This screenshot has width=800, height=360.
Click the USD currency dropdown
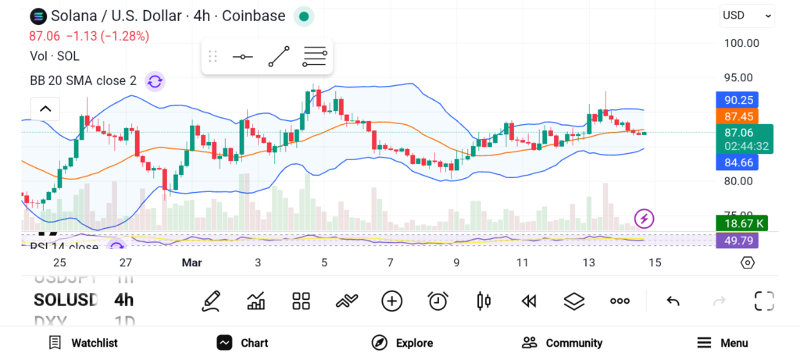746,15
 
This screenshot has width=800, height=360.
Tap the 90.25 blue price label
738,100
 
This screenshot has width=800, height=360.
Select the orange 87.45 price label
738,116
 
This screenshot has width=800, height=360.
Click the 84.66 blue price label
738,162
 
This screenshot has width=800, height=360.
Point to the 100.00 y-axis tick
738,43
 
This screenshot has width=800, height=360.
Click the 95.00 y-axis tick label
738,78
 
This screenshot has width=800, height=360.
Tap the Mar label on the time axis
191,263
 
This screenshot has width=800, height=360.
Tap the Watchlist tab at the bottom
83,343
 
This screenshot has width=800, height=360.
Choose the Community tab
562,343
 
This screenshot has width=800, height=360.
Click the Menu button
723,343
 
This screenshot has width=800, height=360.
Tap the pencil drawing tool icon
210,301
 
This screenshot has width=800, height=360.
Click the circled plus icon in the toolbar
391,301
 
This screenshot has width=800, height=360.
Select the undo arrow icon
673,301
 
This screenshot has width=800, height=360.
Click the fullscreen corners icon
763,301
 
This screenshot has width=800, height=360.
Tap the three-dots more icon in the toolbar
620,301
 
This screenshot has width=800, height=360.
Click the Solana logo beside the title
37,16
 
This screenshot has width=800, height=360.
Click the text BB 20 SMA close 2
83,80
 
